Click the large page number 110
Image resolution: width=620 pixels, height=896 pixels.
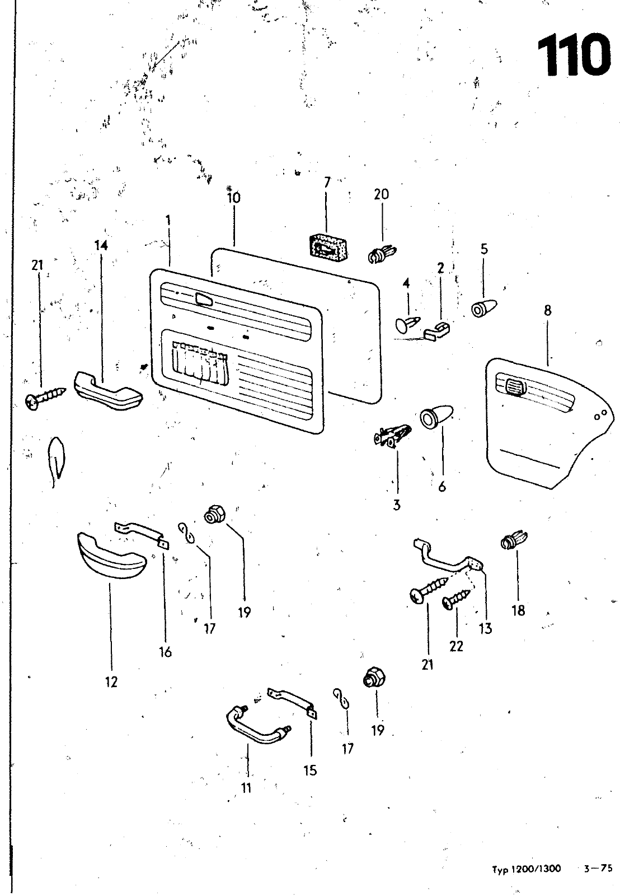(x=573, y=55)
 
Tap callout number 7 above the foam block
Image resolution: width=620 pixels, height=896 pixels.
(x=327, y=182)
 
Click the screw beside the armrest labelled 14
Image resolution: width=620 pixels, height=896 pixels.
(x=45, y=399)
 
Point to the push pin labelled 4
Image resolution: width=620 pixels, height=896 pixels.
(x=408, y=324)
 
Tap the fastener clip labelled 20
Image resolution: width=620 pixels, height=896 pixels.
(x=382, y=254)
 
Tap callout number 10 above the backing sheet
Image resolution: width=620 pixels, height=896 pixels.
(x=234, y=198)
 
